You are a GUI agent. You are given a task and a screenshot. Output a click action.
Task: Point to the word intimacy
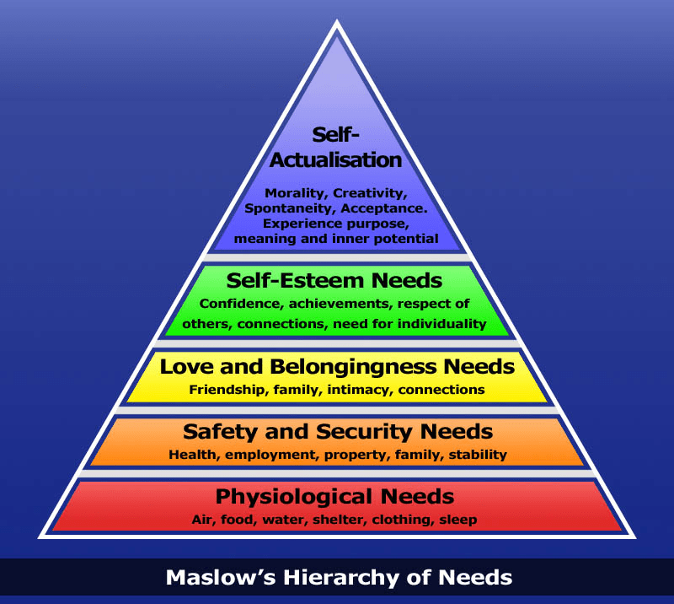[x=365, y=390]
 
